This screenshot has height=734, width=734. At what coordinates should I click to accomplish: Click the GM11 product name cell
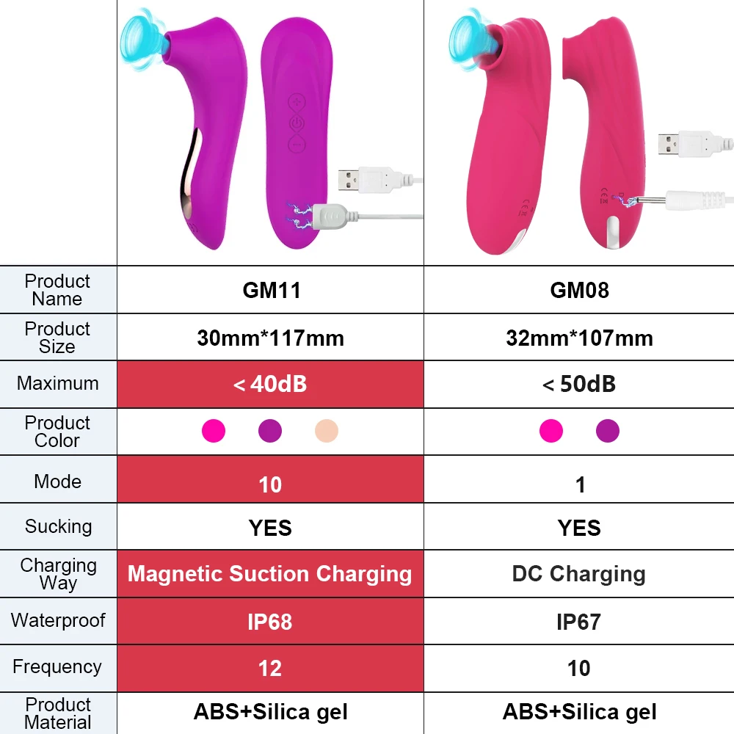[271, 290]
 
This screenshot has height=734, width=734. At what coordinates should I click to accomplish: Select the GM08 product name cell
[579, 290]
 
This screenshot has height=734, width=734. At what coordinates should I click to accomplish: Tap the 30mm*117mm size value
[270, 338]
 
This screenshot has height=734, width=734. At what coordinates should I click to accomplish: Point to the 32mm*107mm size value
[579, 338]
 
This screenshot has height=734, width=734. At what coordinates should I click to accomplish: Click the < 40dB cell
[270, 384]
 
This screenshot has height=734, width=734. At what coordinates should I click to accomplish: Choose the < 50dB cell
[579, 384]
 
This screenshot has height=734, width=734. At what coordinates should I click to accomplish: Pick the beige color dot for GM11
[327, 431]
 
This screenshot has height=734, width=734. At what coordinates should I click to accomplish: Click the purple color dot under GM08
[608, 431]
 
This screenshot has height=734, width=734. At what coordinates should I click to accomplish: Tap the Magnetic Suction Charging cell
[270, 574]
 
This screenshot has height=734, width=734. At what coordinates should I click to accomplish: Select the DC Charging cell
[579, 574]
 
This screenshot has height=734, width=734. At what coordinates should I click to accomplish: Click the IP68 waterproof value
[270, 622]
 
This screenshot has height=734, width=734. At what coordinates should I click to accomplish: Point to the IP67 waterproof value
[579, 622]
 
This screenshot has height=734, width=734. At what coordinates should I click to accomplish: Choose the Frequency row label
[57, 667]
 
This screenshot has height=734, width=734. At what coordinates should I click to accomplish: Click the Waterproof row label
[58, 620]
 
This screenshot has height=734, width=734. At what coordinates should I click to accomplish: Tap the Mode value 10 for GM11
[270, 484]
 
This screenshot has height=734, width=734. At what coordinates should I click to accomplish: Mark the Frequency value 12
[270, 668]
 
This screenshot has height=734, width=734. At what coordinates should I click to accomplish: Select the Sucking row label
[58, 526]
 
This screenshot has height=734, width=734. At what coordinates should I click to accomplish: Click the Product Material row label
[58, 713]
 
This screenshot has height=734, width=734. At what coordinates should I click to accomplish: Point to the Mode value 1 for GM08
[580, 484]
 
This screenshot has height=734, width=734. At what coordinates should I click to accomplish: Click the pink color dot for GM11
[214, 431]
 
